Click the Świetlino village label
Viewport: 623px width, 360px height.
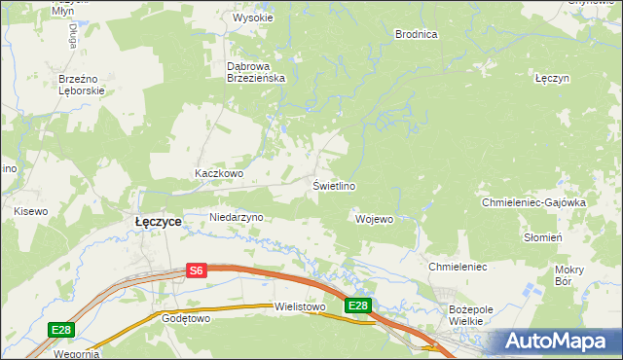point(333,186)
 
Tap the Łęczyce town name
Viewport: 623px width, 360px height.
point(157,222)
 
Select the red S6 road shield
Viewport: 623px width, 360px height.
point(197,271)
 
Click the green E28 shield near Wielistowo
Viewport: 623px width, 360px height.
point(358,306)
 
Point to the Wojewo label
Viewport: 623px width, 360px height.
point(375,219)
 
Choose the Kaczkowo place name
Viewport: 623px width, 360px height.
point(218,173)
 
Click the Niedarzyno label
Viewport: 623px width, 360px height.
point(237,217)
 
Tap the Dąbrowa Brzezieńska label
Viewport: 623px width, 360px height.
point(255,73)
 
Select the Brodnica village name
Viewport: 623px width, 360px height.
point(416,34)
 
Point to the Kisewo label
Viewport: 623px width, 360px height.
point(30,210)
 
